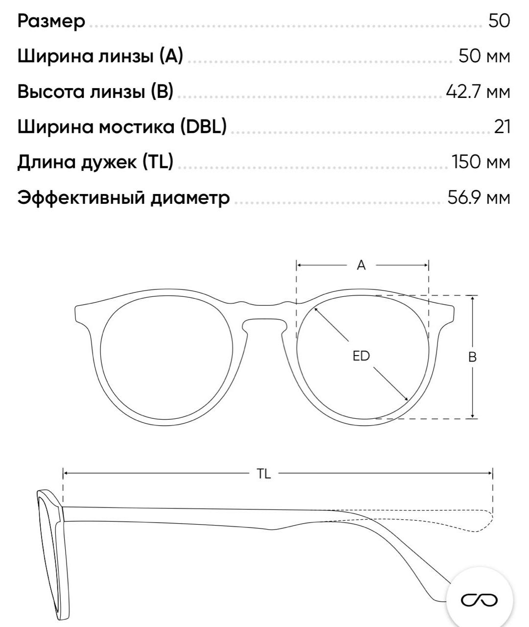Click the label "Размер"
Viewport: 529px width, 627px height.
click(51, 21)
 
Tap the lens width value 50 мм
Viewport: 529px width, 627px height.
click(484, 56)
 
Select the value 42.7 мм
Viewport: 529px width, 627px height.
click(478, 92)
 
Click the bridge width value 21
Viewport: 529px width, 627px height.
click(502, 127)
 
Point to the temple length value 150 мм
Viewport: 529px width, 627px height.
click(481, 162)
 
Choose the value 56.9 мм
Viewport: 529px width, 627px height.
click(479, 197)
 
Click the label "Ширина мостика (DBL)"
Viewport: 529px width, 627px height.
click(122, 127)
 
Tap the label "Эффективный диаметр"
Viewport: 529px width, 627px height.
click(123, 197)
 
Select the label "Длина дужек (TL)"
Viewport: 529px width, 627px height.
click(96, 162)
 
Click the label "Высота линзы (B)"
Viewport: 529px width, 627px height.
click(96, 92)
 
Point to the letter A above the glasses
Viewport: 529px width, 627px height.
click(361, 265)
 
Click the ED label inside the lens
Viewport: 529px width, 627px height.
click(361, 356)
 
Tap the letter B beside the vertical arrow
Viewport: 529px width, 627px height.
click(472, 357)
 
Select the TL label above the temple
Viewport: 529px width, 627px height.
click(264, 474)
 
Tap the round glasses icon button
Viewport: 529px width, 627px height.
click(479, 600)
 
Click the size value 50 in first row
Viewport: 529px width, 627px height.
click(499, 21)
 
